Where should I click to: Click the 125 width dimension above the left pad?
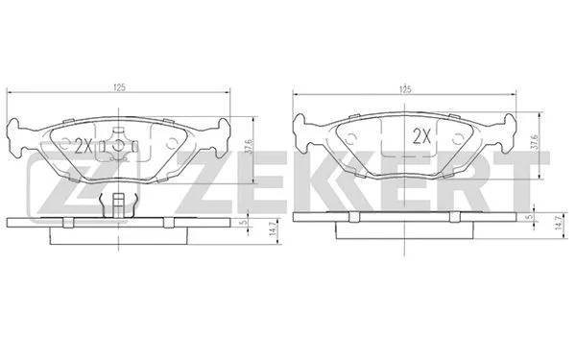(x=121, y=87)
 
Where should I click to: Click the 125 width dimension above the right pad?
(x=407, y=87)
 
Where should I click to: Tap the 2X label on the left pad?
(x=84, y=146)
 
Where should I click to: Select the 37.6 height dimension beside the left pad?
(x=249, y=146)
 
